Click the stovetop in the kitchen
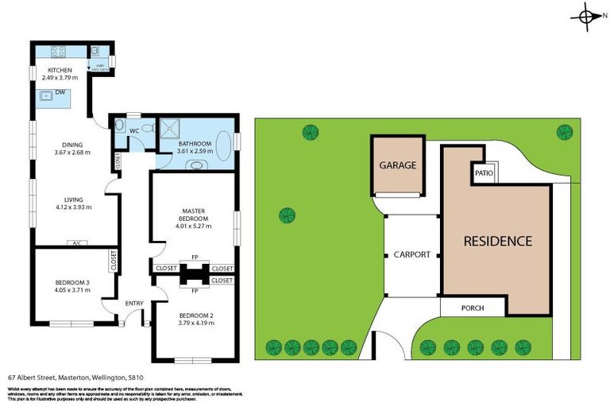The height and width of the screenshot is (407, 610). (58, 52)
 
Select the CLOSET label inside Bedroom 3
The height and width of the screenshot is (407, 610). (114, 262)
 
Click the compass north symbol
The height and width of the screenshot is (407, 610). (586, 17)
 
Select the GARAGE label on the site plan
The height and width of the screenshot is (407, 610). (397, 165)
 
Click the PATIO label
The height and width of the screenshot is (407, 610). (484, 172)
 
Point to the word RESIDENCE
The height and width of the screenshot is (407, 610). (497, 240)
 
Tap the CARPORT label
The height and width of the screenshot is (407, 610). (411, 255)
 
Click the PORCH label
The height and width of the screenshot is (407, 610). (472, 308)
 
